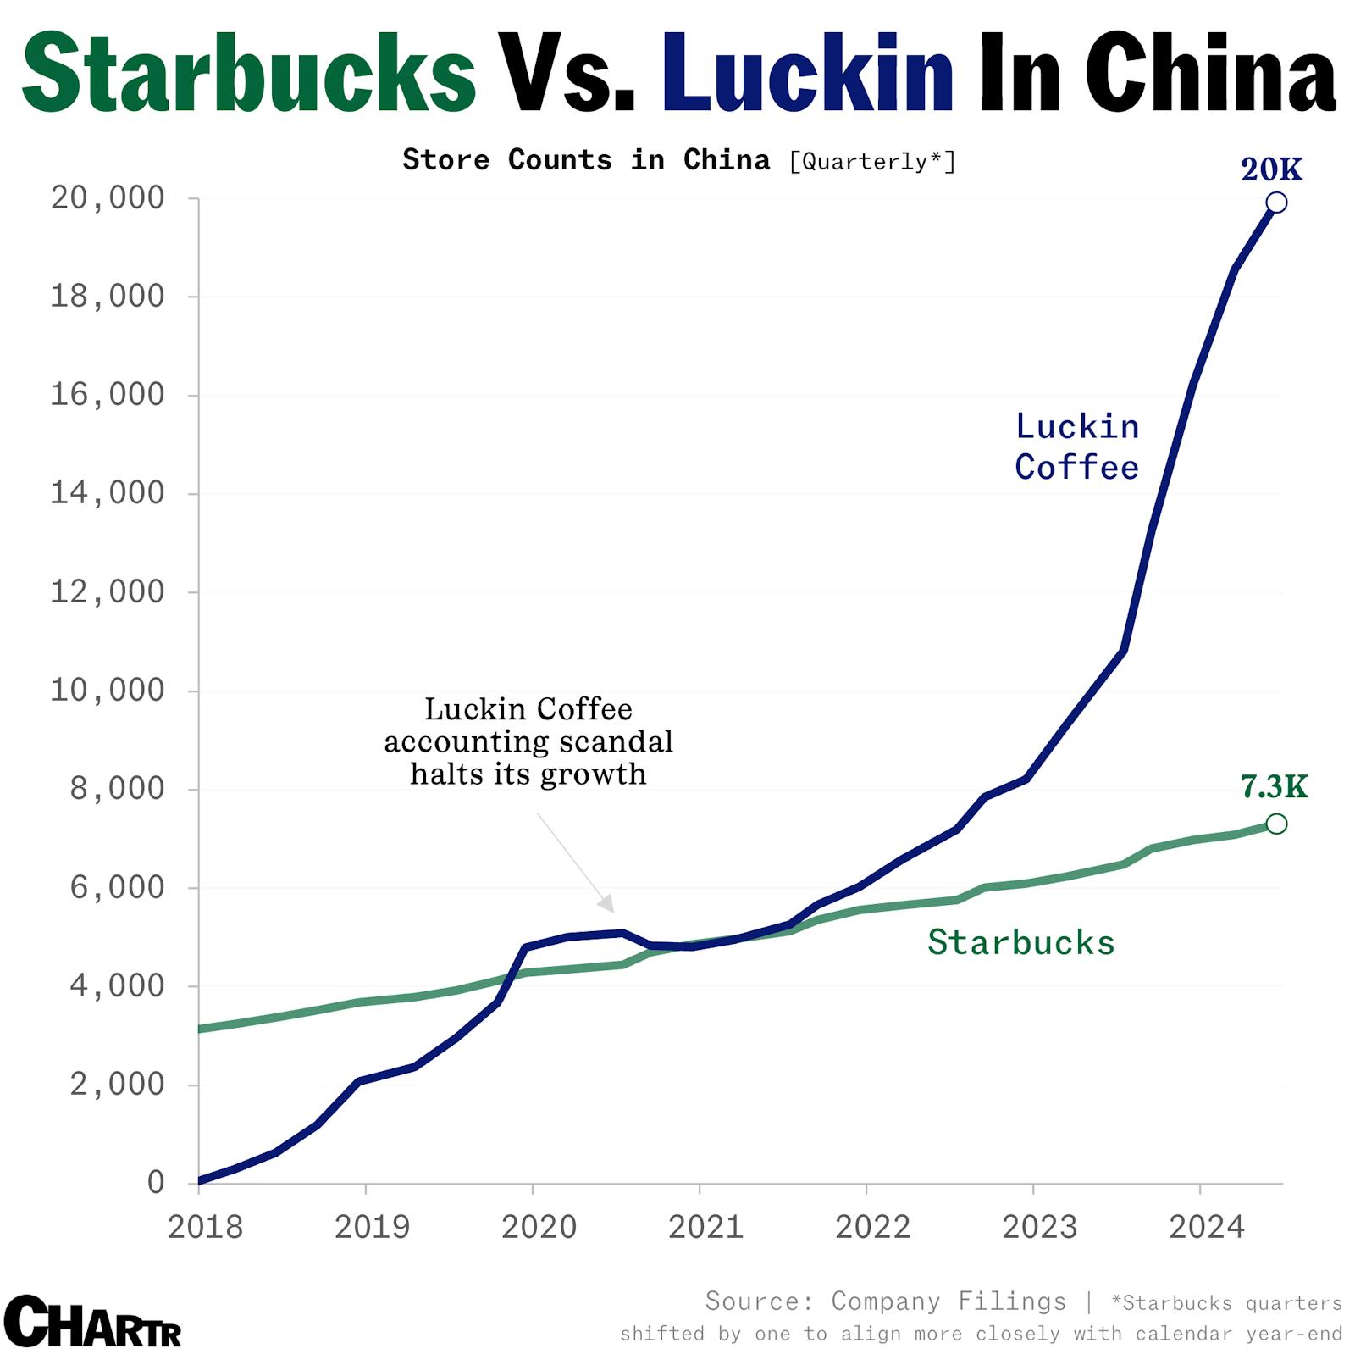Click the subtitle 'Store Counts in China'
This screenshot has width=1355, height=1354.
click(586, 160)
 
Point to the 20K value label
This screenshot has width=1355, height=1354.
click(1271, 169)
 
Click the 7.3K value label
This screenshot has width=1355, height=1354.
click(1274, 787)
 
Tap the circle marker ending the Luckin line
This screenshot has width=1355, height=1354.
click(1276, 203)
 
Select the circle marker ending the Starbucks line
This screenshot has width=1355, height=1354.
click(1276, 824)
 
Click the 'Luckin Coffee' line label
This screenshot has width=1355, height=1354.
click(1076, 447)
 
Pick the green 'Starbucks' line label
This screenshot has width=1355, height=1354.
click(1020, 942)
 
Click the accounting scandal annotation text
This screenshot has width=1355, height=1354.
click(528, 741)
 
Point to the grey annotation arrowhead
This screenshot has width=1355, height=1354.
click(606, 904)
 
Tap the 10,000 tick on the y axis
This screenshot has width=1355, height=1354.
click(108, 690)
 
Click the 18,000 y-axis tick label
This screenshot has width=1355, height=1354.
click(108, 296)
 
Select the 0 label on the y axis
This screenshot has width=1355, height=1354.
click(156, 1182)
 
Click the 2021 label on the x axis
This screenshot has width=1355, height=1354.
click(705, 1227)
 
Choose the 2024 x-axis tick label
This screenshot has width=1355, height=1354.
click(1206, 1227)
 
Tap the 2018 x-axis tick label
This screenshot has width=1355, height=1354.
click(205, 1227)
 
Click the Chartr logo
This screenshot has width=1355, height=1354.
click(92, 1322)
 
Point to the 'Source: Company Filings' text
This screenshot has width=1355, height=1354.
click(885, 1301)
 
